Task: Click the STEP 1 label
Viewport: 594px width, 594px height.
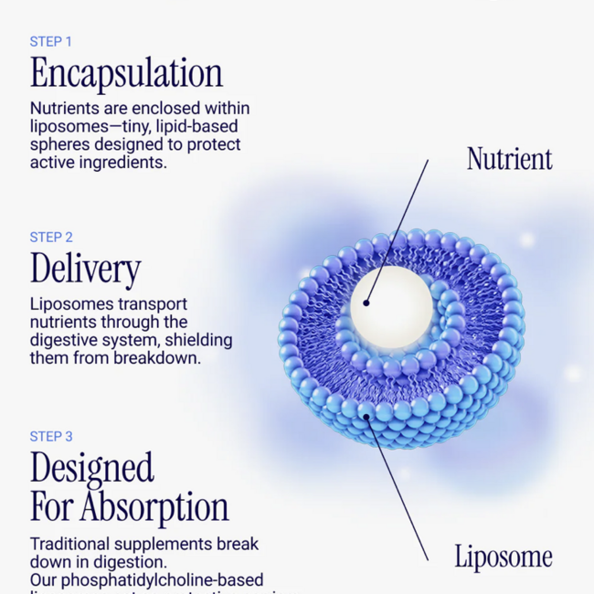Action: click(x=50, y=41)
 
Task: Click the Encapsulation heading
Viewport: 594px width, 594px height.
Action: click(x=126, y=74)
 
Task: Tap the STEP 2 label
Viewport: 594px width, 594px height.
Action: click(x=51, y=237)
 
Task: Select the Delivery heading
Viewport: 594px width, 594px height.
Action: click(x=85, y=269)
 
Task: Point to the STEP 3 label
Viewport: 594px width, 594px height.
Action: click(x=51, y=436)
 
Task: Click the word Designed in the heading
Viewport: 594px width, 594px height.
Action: click(x=91, y=468)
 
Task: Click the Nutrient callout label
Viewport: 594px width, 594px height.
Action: click(x=509, y=159)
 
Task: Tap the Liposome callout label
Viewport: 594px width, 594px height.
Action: click(x=503, y=556)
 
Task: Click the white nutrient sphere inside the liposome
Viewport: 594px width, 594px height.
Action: click(x=391, y=302)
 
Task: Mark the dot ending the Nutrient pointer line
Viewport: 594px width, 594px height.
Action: click(x=366, y=302)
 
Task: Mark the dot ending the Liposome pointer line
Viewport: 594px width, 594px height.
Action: click(x=367, y=417)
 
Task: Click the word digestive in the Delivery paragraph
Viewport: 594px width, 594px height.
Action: click(x=66, y=340)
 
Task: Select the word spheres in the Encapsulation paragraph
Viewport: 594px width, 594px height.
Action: click(x=60, y=144)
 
